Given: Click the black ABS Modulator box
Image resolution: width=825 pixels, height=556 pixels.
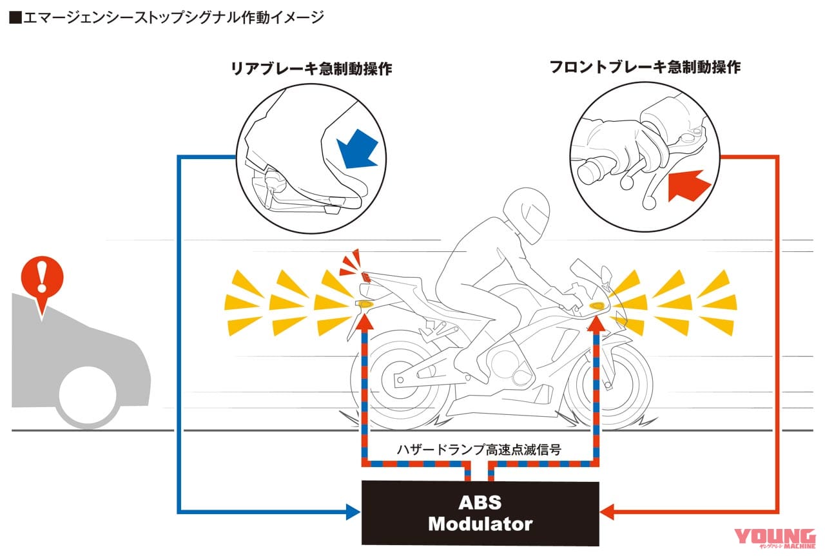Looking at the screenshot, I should pyautogui.click(x=480, y=513).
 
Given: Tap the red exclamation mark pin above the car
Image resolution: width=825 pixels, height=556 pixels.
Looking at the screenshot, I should pyautogui.click(x=42, y=279).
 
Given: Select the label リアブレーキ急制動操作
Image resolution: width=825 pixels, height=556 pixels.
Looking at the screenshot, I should pyautogui.click(x=311, y=69).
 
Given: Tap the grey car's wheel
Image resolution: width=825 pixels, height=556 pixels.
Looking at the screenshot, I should pyautogui.click(x=88, y=394).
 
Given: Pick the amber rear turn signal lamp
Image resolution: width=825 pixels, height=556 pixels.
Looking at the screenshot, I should pyautogui.click(x=365, y=303).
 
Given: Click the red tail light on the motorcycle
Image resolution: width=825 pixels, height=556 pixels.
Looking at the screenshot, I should pyautogui.click(x=365, y=277).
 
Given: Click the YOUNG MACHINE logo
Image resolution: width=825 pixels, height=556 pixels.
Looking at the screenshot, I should pyautogui.click(x=775, y=540).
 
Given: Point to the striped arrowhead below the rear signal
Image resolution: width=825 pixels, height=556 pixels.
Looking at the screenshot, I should pyautogui.click(x=365, y=317).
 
